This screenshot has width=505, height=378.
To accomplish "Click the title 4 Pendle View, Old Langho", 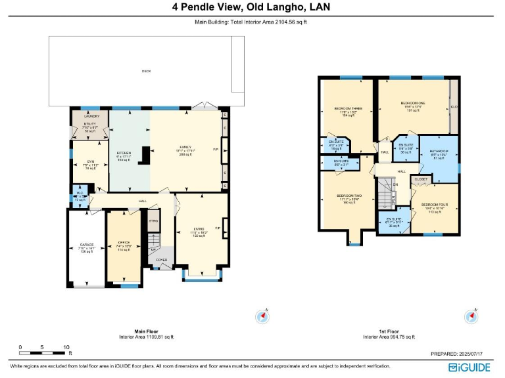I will pyautogui.click(x=251, y=7).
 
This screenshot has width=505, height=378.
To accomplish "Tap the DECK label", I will pyautogui.click(x=146, y=71).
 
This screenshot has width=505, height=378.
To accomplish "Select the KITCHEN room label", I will pyautogui.click(x=124, y=152).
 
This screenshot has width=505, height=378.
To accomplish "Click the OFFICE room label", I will pyautogui.click(x=124, y=242).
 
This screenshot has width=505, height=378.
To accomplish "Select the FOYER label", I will pyautogui.click(x=161, y=260).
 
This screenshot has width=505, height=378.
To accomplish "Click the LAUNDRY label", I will pyautogui.click(x=91, y=115).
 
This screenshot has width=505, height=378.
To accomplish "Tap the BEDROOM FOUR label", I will pyautogui.click(x=433, y=204).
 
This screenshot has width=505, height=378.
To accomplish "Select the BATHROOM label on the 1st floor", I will pyautogui.click(x=439, y=150).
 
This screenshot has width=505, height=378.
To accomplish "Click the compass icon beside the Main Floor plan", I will pyautogui.click(x=263, y=317).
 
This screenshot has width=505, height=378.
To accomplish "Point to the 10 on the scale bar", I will pyautogui.click(x=66, y=346).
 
